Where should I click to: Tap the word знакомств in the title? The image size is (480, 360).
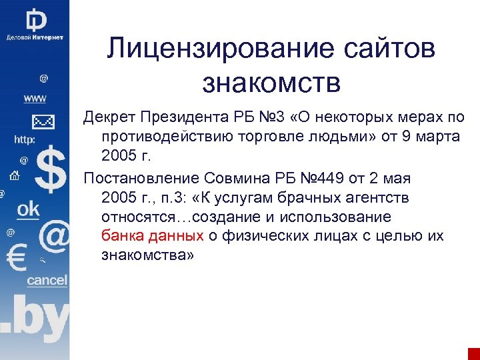[271, 83]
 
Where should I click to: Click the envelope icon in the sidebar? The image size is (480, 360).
[43, 121]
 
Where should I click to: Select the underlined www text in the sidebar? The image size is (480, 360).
[35, 99]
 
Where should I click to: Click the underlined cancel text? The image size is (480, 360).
[47, 281]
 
